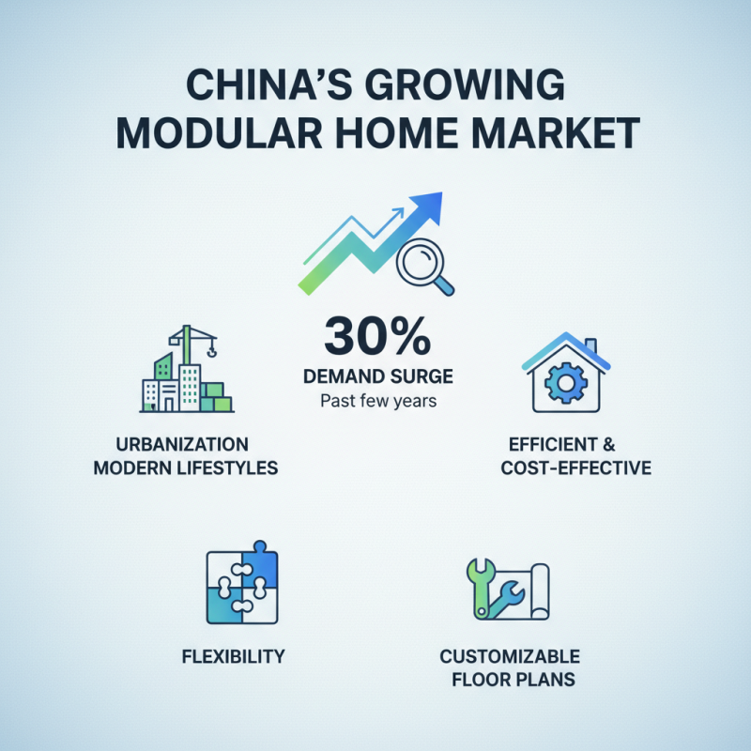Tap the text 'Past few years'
coord(376,403)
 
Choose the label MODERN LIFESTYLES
coord(186,467)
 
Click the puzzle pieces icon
coord(242,587)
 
